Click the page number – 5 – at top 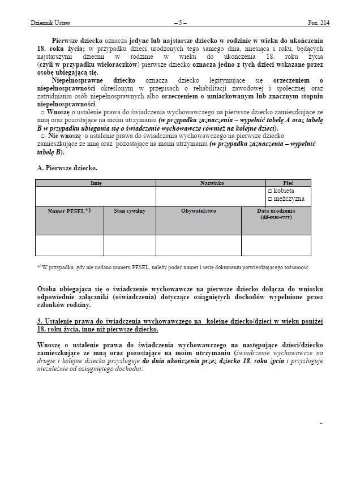pos(179,23)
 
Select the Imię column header pos(96,183)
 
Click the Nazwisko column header pos(211,183)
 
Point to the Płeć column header pos(288,183)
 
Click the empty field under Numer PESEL pos(69,245)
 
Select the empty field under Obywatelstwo pos(199,245)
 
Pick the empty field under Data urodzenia pos(276,245)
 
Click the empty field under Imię pos(96,196)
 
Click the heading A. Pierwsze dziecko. pos(67,168)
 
